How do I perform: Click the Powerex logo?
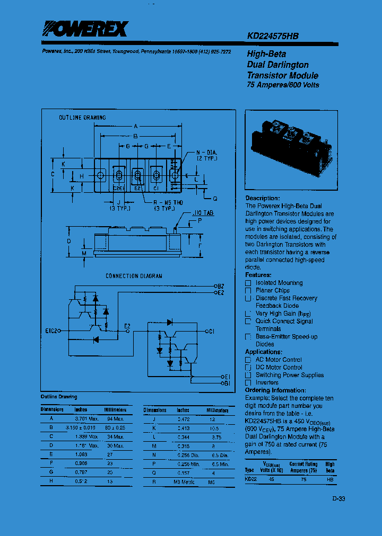point(85,29)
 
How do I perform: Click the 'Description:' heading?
point(262,198)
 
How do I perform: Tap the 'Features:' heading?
point(258,275)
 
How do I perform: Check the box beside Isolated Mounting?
point(248,283)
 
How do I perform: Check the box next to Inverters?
point(248,383)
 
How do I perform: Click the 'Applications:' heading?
point(263,352)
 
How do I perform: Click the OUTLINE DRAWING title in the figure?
point(82,118)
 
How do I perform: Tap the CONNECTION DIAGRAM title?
point(134,276)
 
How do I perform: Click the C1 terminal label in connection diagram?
point(211,332)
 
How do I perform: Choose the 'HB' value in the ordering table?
point(330,479)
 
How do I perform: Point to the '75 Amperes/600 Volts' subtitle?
point(283,85)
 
